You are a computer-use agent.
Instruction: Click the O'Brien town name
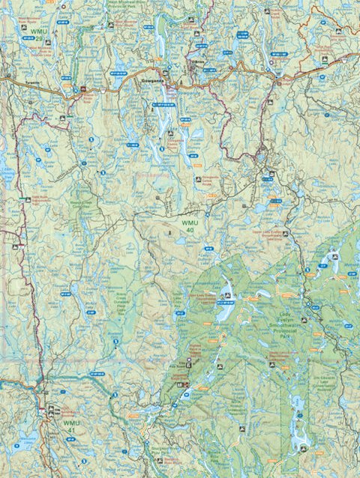[x=197, y=62]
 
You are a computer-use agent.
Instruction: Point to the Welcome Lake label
[x=28, y=438]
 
